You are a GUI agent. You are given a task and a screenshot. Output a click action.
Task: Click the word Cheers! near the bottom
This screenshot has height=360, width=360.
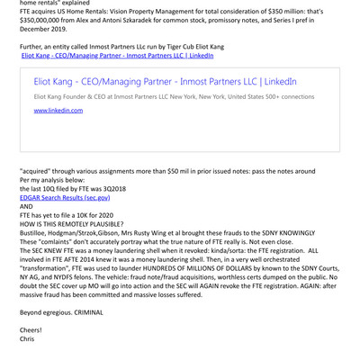click(x=31, y=330)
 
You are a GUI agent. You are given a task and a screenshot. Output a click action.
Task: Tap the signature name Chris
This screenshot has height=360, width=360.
click(x=28, y=340)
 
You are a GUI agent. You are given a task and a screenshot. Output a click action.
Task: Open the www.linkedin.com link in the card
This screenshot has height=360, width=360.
click(x=58, y=111)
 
